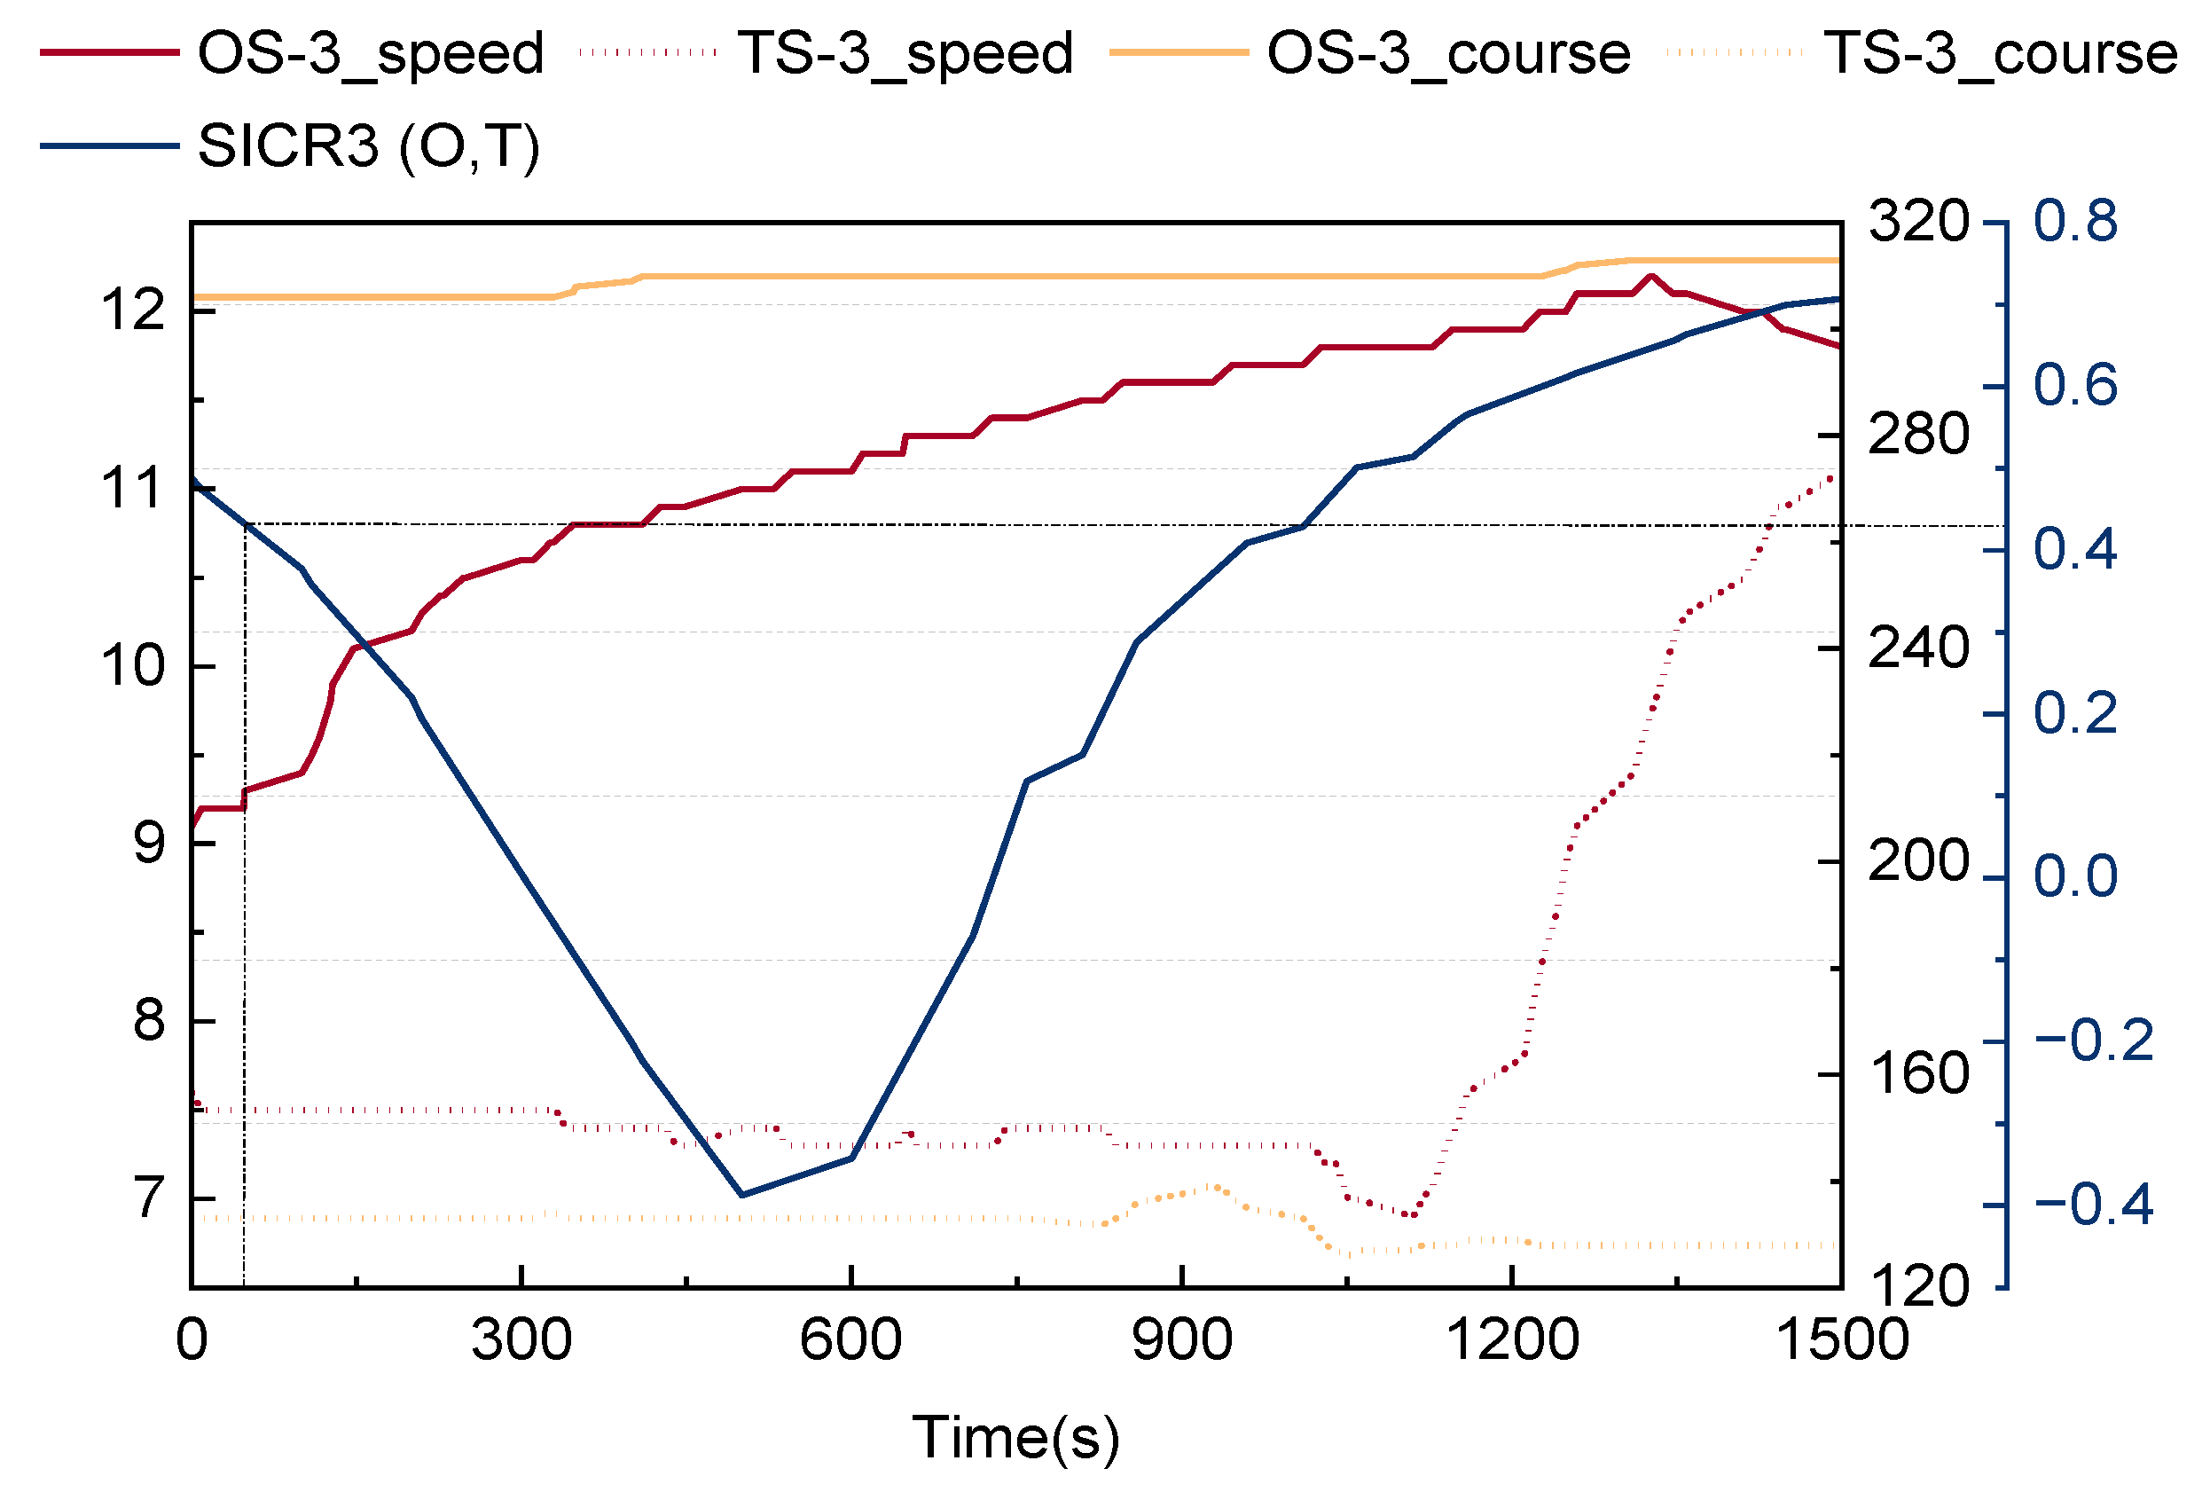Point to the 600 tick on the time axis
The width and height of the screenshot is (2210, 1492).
point(850,1339)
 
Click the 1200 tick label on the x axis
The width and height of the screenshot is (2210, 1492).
point(1511,1339)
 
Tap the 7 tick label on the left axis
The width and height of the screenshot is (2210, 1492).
point(149,1198)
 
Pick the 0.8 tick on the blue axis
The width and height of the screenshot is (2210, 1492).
point(2075,222)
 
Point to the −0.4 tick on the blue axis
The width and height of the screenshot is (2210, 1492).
point(2092,1205)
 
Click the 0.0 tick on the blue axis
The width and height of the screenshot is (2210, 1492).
point(2075,876)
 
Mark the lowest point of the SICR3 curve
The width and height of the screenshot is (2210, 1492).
point(741,1194)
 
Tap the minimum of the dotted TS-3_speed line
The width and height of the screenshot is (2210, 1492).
point(1411,1215)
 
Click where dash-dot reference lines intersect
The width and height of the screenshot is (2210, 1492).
point(246,524)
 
